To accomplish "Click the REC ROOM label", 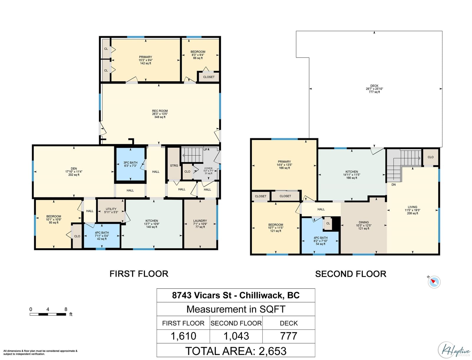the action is coord(160,111).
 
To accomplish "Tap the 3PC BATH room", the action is coord(130,164).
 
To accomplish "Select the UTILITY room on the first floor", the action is coord(111,210).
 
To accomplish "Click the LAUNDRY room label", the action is coord(200,221).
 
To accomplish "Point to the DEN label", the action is coord(74,168).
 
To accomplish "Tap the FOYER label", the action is coord(208,168).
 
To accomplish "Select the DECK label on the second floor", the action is coord(374,86).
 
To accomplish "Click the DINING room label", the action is coord(364,222).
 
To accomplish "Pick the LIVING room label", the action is coord(412,207).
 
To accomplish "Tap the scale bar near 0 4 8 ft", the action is coord(48,314).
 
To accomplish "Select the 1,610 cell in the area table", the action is coord(183,336).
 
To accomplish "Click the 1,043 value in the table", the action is coord(236,336).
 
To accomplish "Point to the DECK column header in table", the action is coord(289,323).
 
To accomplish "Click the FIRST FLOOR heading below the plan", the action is coord(139,274).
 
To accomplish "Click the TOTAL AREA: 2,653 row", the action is coord(236,351).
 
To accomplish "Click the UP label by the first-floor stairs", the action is coord(205,150).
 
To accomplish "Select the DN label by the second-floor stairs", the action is coord(393,184).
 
